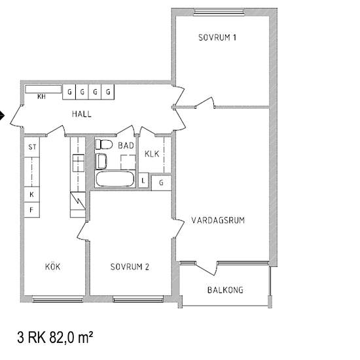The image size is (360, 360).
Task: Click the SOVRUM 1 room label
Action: [217, 37]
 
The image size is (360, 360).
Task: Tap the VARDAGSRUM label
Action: [218, 220]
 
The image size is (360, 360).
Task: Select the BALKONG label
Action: [225, 290]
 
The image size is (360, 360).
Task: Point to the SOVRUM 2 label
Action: [130, 266]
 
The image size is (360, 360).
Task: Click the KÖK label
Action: [52, 266]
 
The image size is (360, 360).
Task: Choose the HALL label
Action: [82, 114]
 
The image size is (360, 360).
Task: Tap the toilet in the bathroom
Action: [104, 145]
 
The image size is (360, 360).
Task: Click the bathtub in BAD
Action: [115, 179]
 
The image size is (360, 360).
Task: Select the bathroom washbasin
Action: [101, 161]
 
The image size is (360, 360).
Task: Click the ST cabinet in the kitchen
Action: [32, 147]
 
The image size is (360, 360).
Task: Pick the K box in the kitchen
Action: [31, 194]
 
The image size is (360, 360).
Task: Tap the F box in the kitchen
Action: [31, 210]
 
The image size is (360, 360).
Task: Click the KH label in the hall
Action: [41, 97]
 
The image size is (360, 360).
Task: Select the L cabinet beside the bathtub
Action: [143, 181]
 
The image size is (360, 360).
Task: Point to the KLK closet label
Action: [152, 154]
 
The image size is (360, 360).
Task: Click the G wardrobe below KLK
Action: [162, 183]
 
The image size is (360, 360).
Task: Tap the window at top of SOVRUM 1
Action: [219, 12]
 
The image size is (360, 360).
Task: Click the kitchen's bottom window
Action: [58, 299]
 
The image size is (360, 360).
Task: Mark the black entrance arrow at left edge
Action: [2, 115]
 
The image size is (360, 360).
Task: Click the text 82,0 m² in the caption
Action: [71, 338]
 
